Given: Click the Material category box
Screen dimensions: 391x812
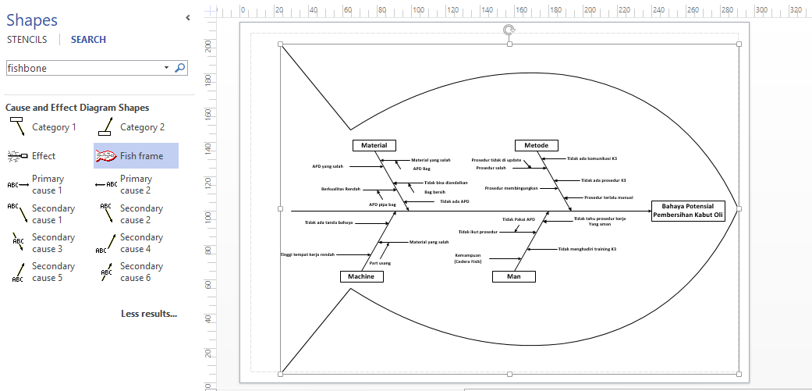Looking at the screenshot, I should point(374,145).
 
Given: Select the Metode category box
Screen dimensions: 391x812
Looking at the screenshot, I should point(536,145).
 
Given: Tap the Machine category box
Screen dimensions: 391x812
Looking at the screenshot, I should point(361,276).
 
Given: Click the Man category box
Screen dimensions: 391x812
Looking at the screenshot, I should point(514,276).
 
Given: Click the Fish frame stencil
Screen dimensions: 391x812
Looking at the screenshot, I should point(136,156).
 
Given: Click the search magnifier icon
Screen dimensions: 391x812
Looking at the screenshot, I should point(180,68).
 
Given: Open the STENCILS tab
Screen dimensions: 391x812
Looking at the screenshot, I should point(27,40).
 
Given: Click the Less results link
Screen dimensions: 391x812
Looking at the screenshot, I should point(149,314).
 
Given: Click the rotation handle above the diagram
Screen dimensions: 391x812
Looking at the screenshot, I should point(509,30).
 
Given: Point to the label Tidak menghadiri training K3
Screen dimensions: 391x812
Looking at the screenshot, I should point(587,249).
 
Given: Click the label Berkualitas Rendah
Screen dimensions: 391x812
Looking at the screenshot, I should point(340,189).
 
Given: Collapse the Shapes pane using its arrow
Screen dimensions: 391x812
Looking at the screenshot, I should point(187,17).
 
